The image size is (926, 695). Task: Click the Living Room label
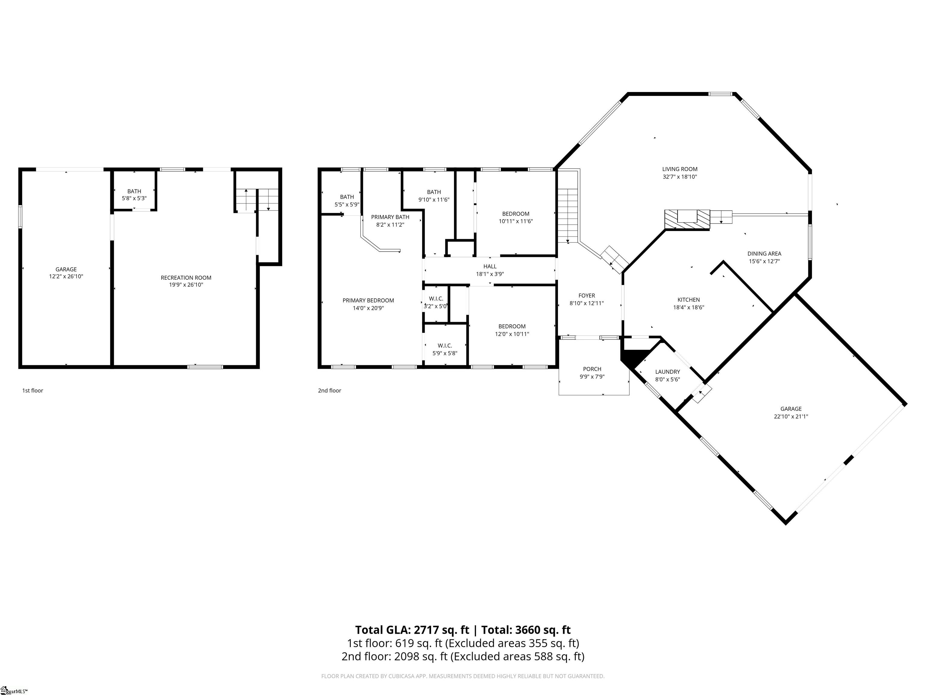pos(679,169)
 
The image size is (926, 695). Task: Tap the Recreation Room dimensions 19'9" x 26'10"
pos(186,285)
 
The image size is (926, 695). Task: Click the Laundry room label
pos(667,372)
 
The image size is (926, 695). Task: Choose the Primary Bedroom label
pos(368,300)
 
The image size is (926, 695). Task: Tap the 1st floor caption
pos(33,390)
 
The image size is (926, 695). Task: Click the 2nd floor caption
pos(329,390)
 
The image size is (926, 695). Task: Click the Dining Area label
pos(764,253)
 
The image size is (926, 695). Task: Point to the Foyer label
pos(587,296)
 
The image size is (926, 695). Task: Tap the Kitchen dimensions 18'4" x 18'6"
pos(688,307)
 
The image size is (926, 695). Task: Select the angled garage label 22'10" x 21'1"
pos(790,416)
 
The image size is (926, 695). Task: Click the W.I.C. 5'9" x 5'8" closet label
pos(445,349)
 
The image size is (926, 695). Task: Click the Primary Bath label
pos(390,217)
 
